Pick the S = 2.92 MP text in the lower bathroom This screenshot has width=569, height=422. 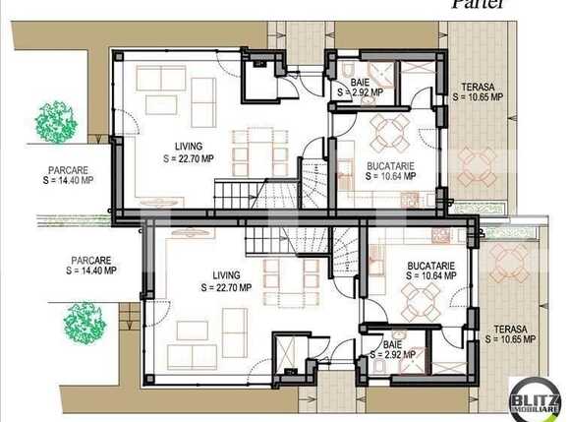[392, 356]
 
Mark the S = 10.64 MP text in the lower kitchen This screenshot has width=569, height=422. [428, 276]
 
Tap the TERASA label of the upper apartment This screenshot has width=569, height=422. [477, 87]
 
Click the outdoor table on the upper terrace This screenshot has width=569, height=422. [479, 164]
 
